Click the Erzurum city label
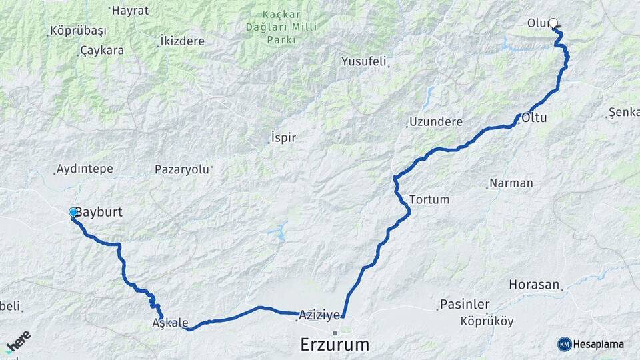335,345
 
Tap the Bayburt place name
100,212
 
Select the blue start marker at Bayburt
73,212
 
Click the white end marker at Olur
553,23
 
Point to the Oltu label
534,118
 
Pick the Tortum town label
429,199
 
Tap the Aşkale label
170,323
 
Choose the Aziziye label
319,314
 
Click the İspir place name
283,138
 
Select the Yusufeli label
364,61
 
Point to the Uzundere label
435,122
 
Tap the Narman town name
511,183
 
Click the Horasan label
534,284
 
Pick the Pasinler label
465,304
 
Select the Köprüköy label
487,321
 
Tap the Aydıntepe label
85,169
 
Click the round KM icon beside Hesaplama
565,344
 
